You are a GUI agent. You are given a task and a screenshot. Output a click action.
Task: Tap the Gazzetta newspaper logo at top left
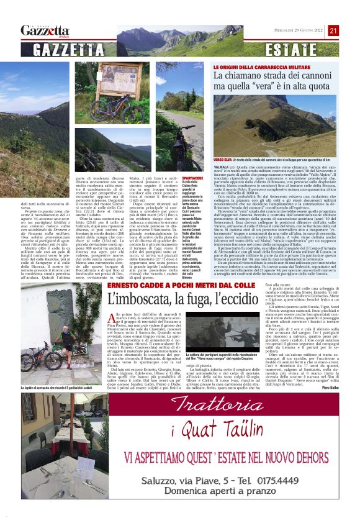(x=45, y=30)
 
